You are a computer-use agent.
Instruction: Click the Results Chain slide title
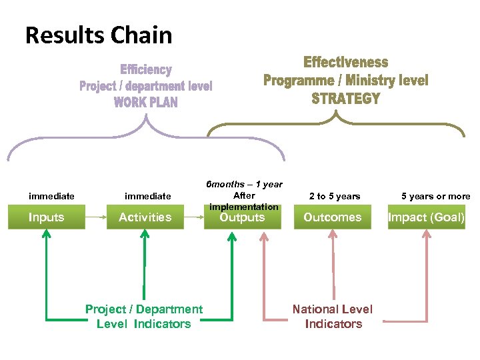[99, 35]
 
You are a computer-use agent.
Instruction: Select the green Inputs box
[47, 217]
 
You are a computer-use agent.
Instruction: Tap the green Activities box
[145, 217]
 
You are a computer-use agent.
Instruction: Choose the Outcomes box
[332, 217]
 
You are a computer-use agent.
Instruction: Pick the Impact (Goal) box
[427, 217]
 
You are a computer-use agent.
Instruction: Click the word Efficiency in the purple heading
[146, 69]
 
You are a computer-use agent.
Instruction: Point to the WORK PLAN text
[145, 102]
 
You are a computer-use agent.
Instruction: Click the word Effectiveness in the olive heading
[345, 62]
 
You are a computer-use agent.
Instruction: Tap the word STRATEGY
[345, 99]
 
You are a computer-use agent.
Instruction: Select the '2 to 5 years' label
[335, 196]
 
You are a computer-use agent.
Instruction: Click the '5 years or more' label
[435, 196]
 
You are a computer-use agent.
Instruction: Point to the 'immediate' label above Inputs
[51, 196]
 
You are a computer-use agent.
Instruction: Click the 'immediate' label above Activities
[148, 196]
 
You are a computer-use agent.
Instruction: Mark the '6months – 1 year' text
[244, 184]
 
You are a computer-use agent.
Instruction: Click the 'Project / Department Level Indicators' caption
[144, 316]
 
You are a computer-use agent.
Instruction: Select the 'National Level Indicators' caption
[333, 316]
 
